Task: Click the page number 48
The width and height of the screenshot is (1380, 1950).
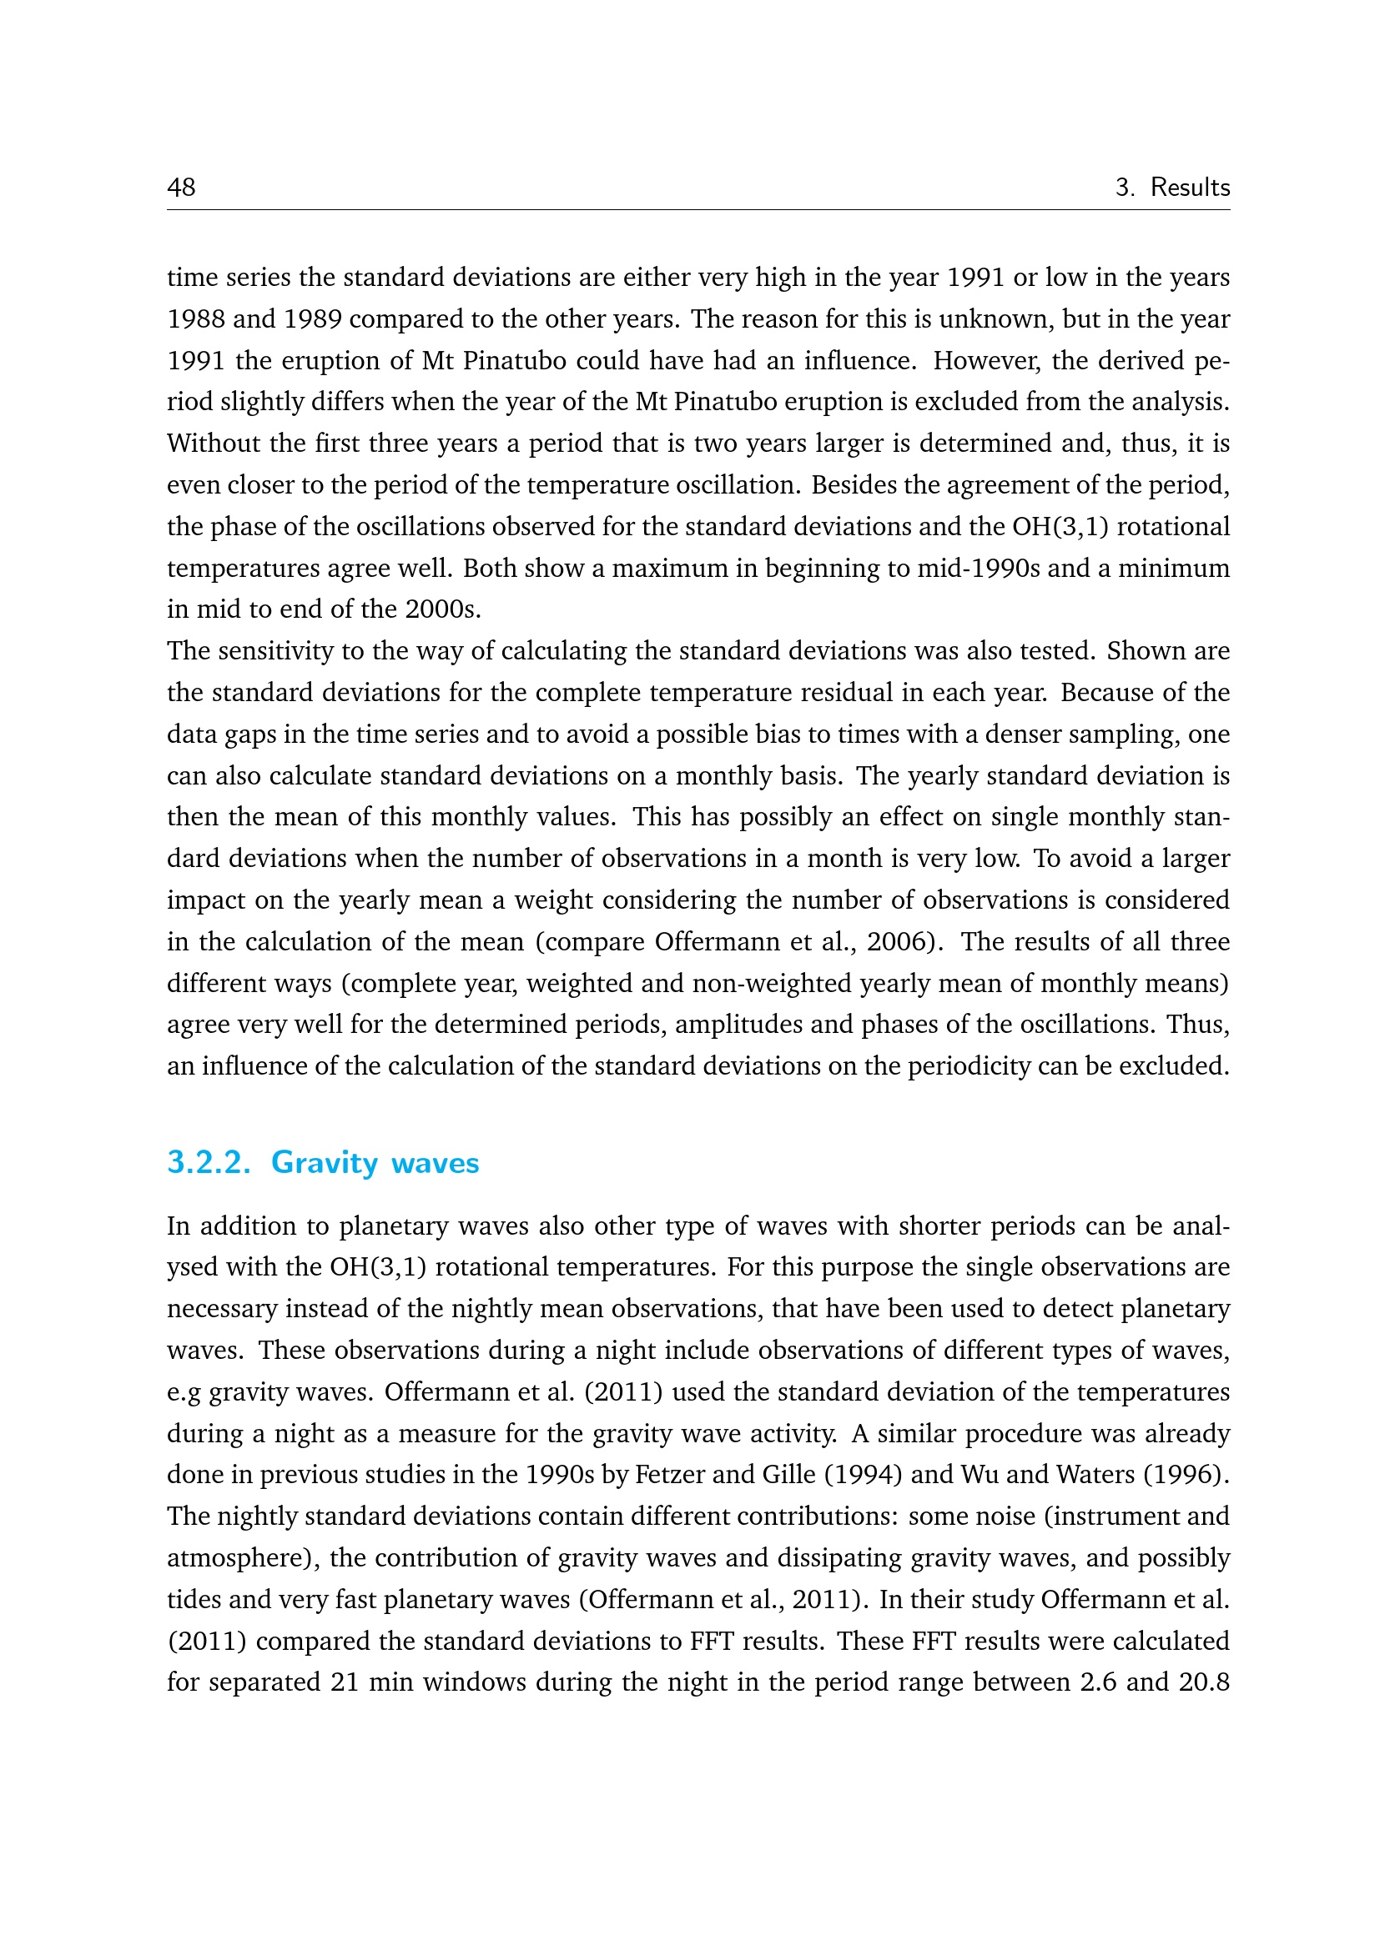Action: pyautogui.click(x=181, y=187)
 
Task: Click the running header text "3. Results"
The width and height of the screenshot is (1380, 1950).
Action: pyautogui.click(x=1171, y=187)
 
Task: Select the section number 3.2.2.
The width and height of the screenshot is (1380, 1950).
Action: pyautogui.click(x=209, y=1162)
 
